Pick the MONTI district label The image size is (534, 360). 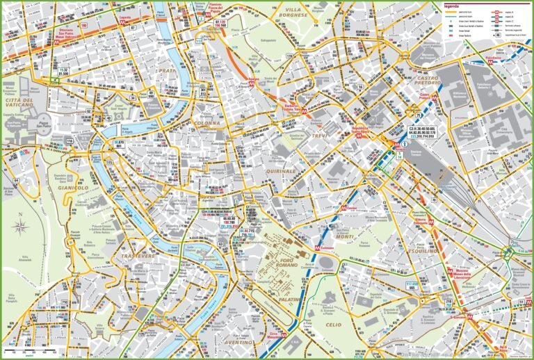coord(346,236)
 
